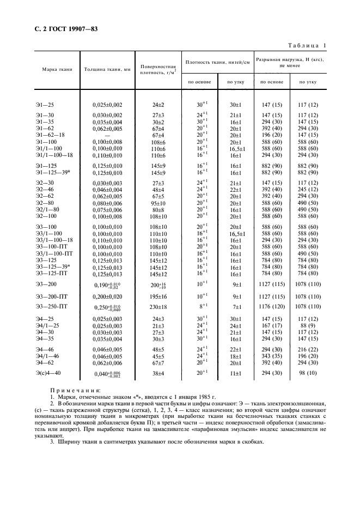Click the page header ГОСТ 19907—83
coord(65,28)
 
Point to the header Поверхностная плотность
coord(156,68)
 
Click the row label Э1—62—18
coord(50,135)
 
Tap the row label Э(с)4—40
coord(50,374)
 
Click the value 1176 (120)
coord(271,306)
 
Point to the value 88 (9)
coord(308,325)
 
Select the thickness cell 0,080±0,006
coord(107,202)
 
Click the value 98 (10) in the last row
coord(308,374)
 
